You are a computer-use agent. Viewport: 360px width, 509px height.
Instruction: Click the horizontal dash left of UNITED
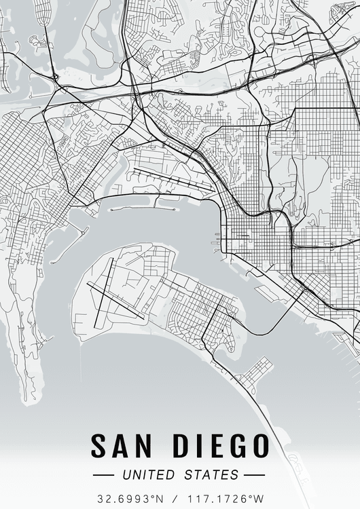[x=105, y=474]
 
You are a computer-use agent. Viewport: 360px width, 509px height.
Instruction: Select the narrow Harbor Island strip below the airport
[x=143, y=210]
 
